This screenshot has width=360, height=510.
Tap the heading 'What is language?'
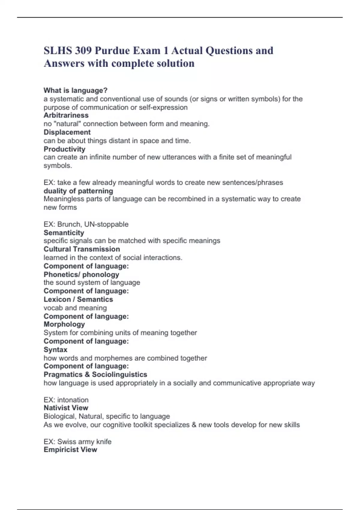pyautogui.click(x=76, y=90)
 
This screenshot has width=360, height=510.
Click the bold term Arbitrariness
pyautogui.click(x=66, y=115)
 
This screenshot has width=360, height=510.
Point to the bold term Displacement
pyautogui.click(x=67, y=132)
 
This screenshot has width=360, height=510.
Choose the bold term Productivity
pyautogui.click(x=64, y=149)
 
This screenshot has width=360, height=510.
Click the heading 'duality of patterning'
pyautogui.click(x=78, y=191)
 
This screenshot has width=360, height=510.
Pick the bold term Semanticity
pyautogui.click(x=64, y=232)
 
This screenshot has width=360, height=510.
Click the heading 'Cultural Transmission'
pyautogui.click(x=82, y=249)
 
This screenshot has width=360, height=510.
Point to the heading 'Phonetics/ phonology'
pyautogui.click(x=81, y=274)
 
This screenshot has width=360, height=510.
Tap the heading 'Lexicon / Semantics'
pyautogui.click(x=78, y=299)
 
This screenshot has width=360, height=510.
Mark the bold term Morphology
pyautogui.click(x=64, y=324)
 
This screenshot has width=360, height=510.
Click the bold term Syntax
pyautogui.click(x=55, y=349)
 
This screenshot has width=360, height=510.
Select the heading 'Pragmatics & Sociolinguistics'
pyautogui.click(x=95, y=374)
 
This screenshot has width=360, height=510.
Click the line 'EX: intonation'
pyautogui.click(x=66, y=400)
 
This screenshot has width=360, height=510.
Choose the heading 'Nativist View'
pyautogui.click(x=66, y=408)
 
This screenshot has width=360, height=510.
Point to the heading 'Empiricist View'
pyautogui.click(x=70, y=449)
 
